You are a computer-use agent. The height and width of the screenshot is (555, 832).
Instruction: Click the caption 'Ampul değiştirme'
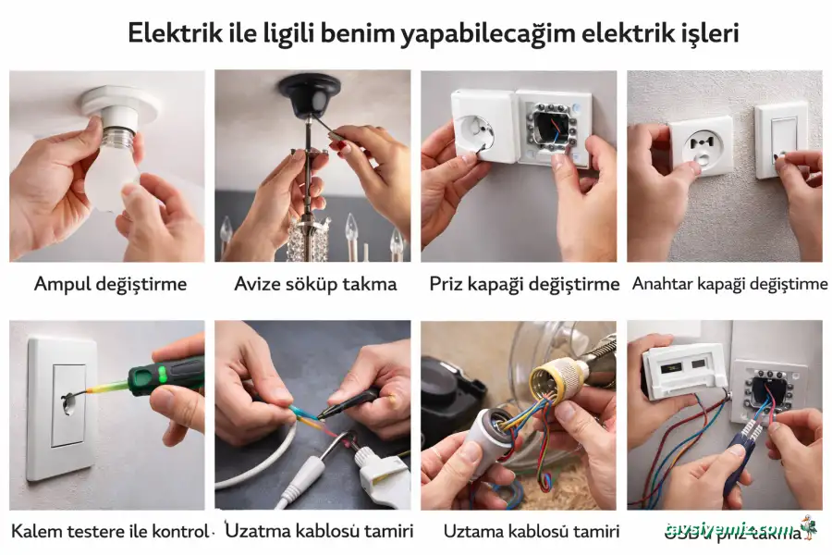(110, 284)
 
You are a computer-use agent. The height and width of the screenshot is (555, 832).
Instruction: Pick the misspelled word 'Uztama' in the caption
(476, 532)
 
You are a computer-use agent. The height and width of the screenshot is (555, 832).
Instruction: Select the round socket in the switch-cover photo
(701, 149)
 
